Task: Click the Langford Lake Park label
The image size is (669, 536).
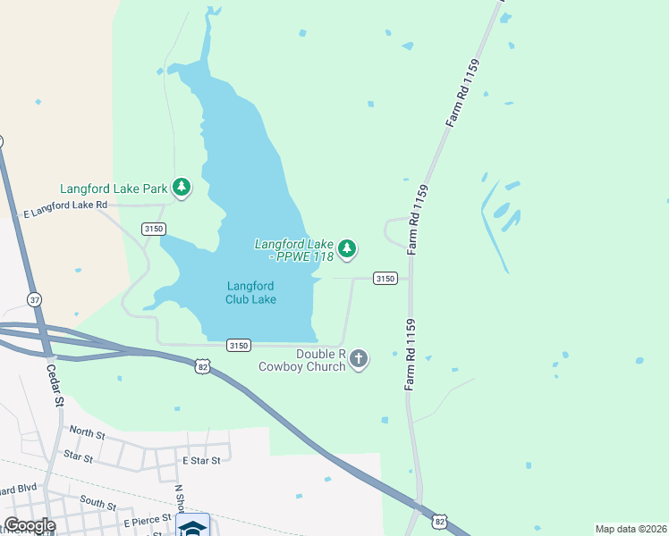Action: click(114, 188)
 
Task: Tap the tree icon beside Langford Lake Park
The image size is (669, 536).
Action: click(182, 187)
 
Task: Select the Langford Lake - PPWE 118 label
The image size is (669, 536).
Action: click(293, 249)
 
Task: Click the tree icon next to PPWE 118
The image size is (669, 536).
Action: click(347, 249)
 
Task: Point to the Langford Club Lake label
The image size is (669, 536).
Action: click(250, 292)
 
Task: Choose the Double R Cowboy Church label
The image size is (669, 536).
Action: click(301, 359)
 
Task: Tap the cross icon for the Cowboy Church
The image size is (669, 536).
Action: click(359, 359)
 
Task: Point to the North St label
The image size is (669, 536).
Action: click(87, 434)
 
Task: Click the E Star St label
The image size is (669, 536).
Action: click(200, 459)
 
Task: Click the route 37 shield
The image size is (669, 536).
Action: click(35, 298)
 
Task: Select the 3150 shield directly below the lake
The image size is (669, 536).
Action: click(238, 345)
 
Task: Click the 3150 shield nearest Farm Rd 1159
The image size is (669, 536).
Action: click(385, 279)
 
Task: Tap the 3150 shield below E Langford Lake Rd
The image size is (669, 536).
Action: click(153, 230)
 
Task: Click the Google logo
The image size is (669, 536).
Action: click(30, 525)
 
